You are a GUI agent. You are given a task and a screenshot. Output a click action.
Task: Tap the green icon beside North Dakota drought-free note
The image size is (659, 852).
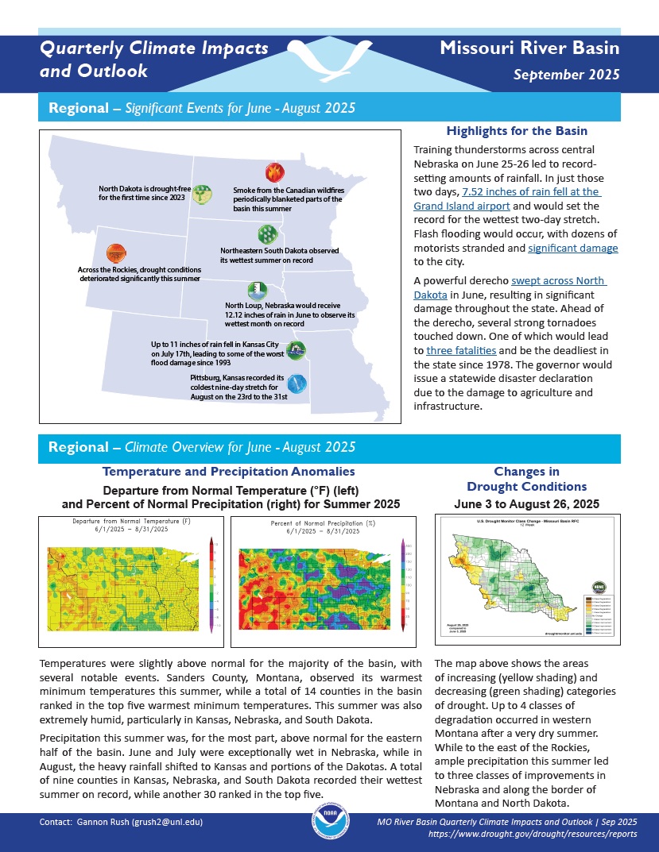(x=203, y=193)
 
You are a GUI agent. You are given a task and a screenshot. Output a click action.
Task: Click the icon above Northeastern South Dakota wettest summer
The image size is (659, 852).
(x=267, y=233)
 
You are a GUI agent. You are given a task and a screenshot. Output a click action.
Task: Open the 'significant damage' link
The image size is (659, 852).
(x=572, y=249)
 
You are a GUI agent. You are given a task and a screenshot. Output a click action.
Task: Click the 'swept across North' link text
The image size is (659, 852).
(x=559, y=281)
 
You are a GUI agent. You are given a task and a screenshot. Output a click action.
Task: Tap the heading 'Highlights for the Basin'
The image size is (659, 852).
(x=517, y=131)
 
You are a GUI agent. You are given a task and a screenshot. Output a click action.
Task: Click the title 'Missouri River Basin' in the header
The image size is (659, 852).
(x=529, y=48)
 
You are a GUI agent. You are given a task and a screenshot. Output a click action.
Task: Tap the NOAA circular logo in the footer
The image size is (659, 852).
(x=329, y=827)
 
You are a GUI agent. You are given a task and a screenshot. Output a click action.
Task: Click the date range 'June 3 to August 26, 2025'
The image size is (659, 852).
(x=526, y=503)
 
